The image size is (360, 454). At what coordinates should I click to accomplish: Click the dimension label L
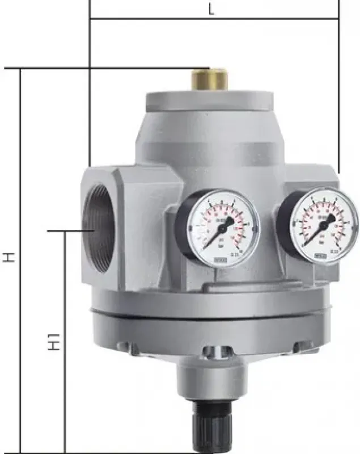click(211, 9)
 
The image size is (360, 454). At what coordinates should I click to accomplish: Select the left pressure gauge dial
click(217, 228)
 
